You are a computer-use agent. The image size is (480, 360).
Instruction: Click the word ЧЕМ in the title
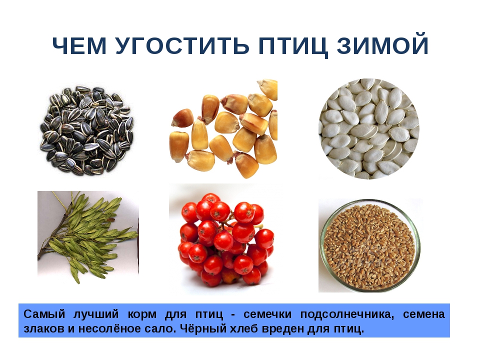click(x=80, y=46)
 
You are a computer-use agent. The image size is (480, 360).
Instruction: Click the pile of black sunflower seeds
click(x=86, y=130)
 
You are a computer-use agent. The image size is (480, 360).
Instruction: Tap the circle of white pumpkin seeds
click(x=369, y=129)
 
